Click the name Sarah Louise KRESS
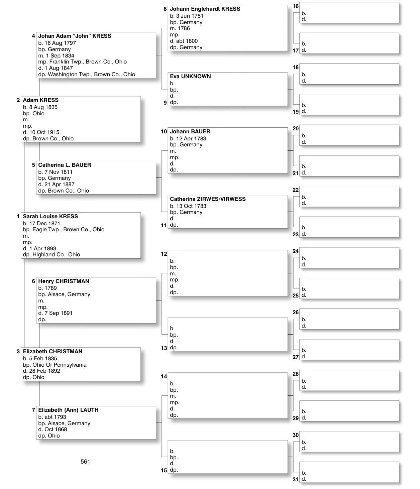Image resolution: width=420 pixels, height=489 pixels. tap(50, 216)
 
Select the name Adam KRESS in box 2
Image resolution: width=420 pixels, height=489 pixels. tap(40, 100)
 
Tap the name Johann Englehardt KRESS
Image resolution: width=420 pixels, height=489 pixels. tap(205, 9)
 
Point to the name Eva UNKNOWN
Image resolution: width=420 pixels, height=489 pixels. tap(190, 76)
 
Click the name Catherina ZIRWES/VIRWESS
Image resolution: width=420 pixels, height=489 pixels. tap(208, 199)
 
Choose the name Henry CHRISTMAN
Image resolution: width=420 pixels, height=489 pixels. tap(64, 281)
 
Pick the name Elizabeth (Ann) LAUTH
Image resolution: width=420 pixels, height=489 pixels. tap(68, 410)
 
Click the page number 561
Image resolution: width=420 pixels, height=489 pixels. tap(85, 462)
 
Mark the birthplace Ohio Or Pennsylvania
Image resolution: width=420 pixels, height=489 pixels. tap(59, 365)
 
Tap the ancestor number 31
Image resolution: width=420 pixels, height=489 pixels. tap(295, 479)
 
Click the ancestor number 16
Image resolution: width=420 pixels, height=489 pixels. tap(295, 6)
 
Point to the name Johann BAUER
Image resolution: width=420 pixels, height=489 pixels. tap(190, 131)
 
